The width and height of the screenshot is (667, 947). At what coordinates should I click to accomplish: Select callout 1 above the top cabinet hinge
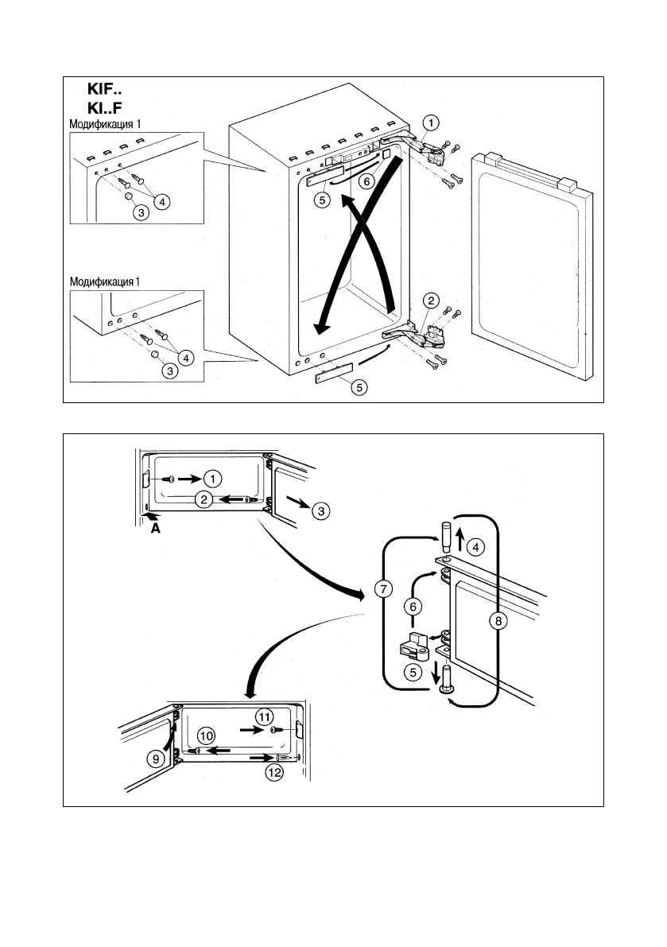click(429, 122)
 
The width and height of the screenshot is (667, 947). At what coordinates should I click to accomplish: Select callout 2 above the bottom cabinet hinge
click(430, 301)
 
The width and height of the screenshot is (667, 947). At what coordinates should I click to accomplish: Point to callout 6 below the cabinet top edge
click(366, 180)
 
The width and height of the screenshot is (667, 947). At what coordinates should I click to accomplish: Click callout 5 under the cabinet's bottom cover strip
click(359, 388)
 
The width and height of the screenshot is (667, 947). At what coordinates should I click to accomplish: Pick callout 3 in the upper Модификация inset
click(141, 212)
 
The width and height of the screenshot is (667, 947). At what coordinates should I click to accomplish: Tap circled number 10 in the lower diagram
click(206, 736)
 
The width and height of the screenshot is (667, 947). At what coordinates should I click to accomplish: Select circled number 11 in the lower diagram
click(265, 716)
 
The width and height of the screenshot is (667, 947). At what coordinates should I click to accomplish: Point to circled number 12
click(274, 770)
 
